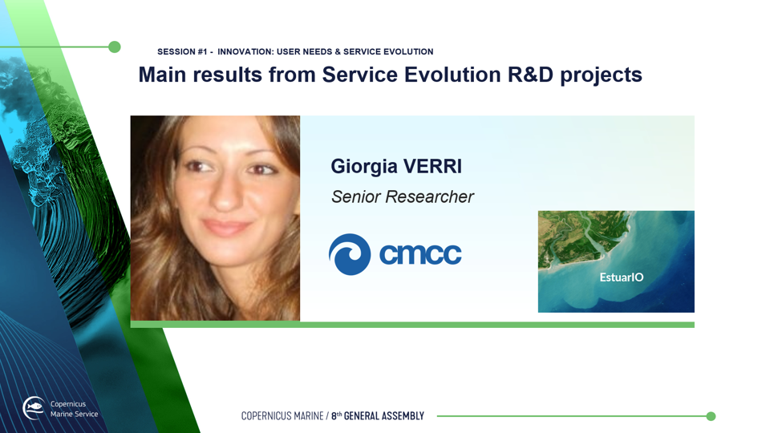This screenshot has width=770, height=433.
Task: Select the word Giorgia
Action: coord(364,168)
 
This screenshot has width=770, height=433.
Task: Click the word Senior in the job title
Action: coord(356,197)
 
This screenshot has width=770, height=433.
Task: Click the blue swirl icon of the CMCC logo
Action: coord(350,254)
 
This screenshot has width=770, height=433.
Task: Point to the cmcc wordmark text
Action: coord(420,254)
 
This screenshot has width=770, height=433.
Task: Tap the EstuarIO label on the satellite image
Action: coord(621,277)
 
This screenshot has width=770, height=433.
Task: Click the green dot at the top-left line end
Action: coord(115,47)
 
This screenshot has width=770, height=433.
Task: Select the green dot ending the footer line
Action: coord(711,416)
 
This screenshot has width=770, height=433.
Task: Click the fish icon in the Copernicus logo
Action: coord(34,406)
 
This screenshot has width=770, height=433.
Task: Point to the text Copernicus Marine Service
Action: coord(74,409)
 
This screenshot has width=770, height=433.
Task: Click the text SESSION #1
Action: coord(182,51)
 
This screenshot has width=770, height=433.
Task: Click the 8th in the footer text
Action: coord(336,416)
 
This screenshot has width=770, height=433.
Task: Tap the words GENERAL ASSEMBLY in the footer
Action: coord(384,416)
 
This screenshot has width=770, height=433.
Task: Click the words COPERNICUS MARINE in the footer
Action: coord(282,416)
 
